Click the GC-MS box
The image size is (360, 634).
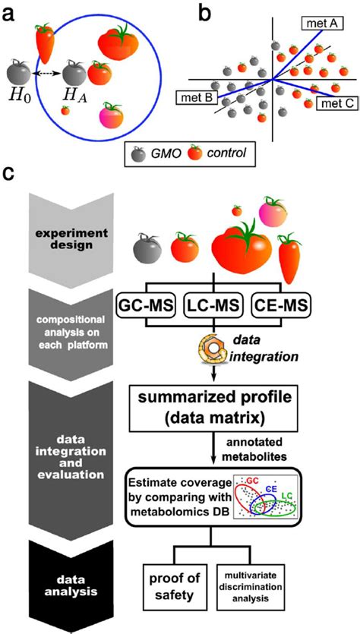tap(159, 309)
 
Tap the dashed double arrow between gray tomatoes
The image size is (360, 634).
tap(46, 74)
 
